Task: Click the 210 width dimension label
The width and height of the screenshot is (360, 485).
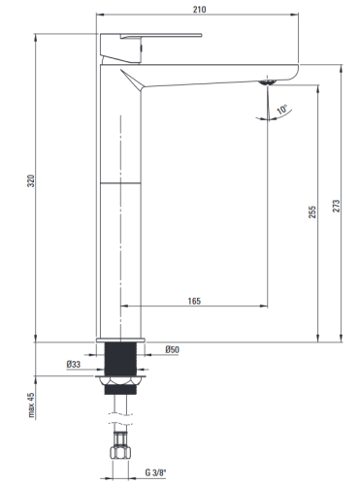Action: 199,10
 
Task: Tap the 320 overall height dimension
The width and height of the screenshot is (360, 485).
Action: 31,180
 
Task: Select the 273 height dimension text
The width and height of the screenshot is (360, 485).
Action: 337,206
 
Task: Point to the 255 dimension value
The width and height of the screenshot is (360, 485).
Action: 312,212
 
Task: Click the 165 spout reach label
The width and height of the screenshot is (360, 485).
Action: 194,301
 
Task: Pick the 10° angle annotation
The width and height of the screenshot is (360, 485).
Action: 282,109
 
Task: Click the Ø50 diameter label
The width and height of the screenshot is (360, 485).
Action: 172,349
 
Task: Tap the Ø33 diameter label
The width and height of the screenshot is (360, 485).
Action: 74,365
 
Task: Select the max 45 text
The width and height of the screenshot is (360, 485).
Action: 31,404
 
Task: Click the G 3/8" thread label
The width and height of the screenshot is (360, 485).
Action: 155,472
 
